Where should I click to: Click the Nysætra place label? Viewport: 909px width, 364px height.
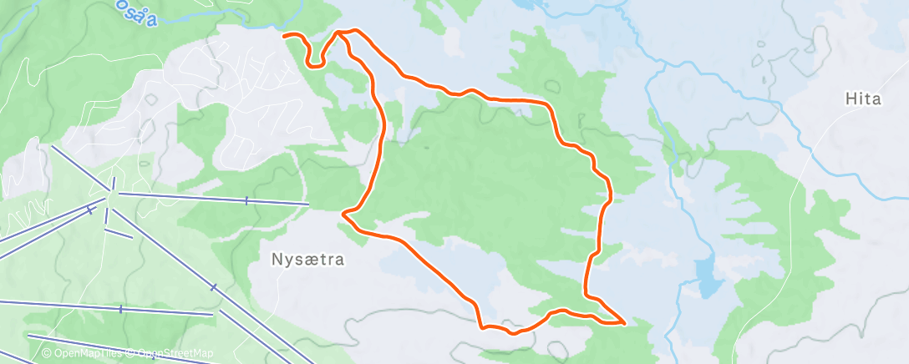pos(308,260)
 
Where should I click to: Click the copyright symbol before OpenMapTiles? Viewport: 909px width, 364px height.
pos(47,353)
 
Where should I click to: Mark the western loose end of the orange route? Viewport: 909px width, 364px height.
pos(285,36)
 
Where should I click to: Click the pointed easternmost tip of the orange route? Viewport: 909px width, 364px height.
pos(624,321)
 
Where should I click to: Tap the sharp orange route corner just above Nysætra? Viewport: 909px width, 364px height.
pos(344,215)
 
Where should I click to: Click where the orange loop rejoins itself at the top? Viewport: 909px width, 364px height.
pos(341,33)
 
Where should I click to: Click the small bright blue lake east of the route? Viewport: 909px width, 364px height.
pos(708,278)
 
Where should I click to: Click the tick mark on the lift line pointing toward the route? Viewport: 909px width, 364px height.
pos(246,200)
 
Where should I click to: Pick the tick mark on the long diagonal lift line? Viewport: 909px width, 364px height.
pos(214,287)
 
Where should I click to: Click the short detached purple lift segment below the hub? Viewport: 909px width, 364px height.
pos(118,233)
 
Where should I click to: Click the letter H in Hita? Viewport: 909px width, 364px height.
pos(850,99)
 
